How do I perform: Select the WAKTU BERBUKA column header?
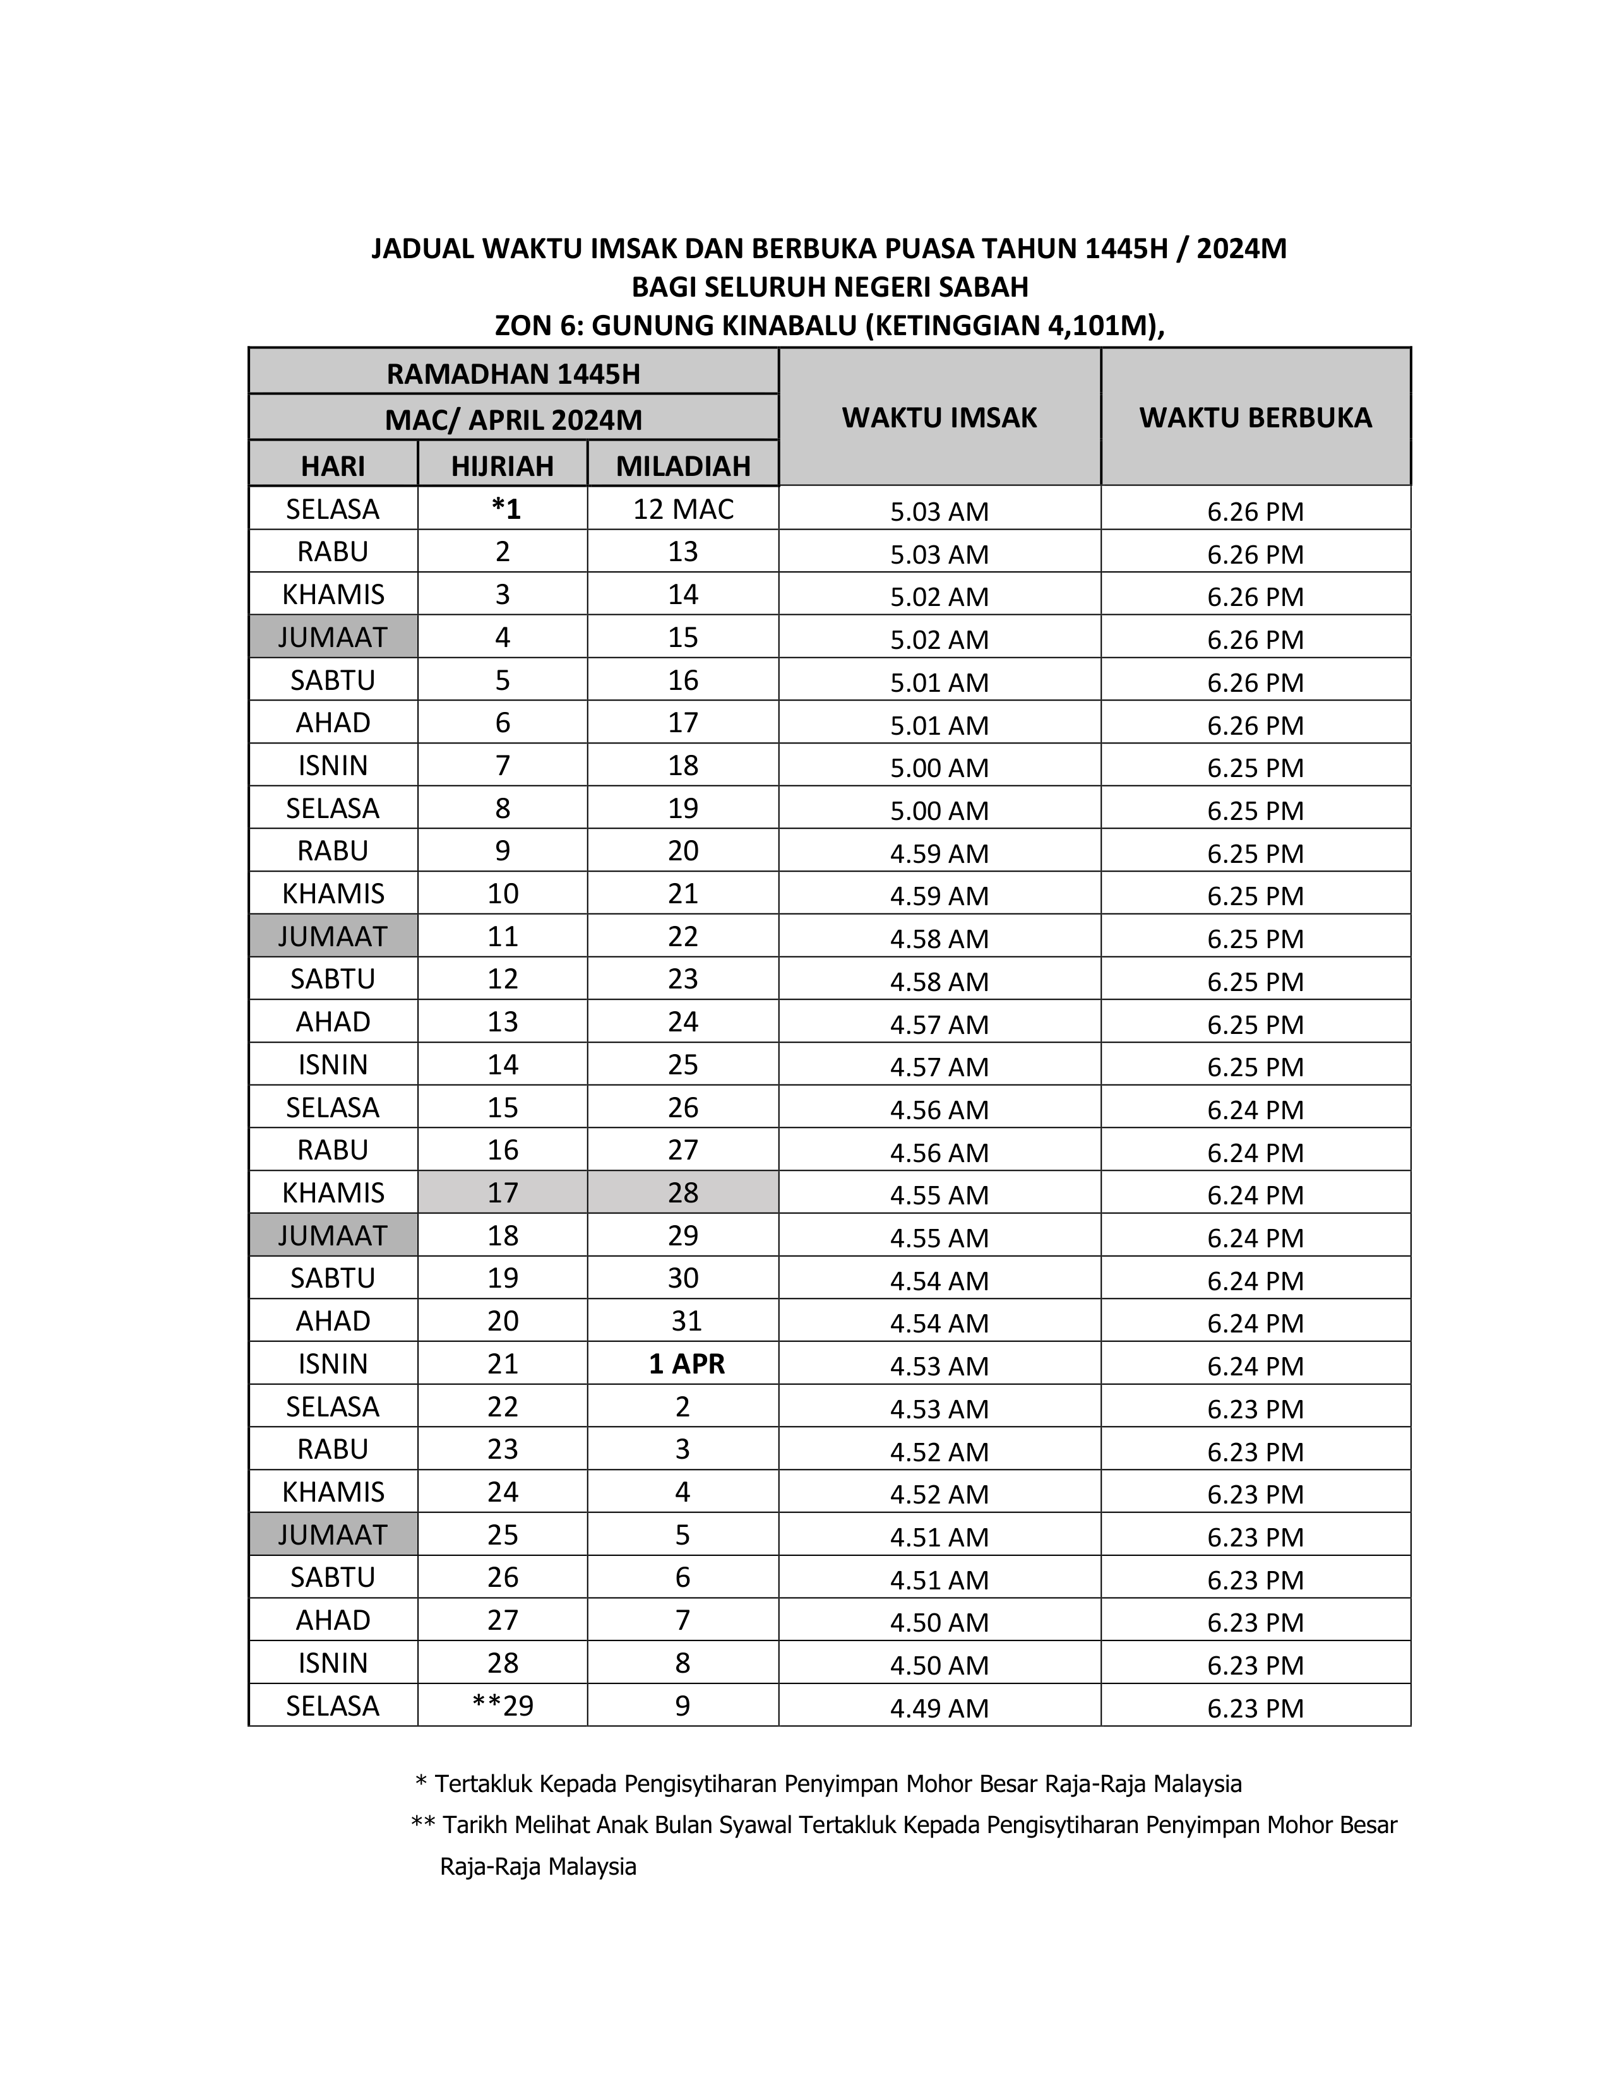tap(1255, 417)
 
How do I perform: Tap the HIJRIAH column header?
tap(502, 465)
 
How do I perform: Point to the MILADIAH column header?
tap(683, 465)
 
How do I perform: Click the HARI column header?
tap(333, 465)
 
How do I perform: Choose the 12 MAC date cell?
tap(683, 508)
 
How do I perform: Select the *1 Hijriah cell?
tap(506, 508)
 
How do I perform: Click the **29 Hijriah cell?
tap(503, 1706)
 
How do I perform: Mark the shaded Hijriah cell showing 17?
tap(503, 1192)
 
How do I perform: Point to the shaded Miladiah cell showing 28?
tap(683, 1192)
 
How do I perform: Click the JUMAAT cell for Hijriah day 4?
tap(333, 636)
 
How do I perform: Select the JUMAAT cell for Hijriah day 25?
tap(333, 1534)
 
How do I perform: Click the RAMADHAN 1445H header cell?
tap(513, 373)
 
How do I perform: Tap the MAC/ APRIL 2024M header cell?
tap(513, 418)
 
